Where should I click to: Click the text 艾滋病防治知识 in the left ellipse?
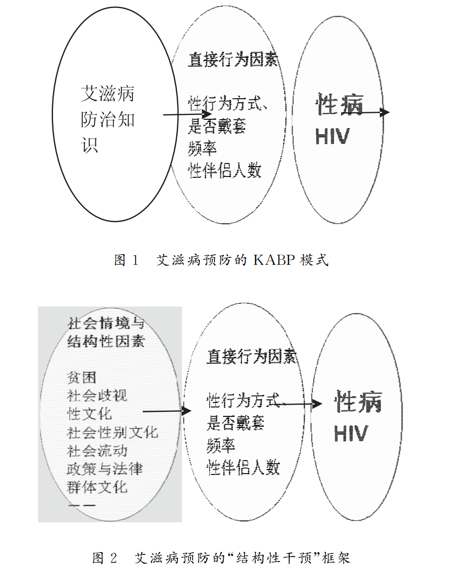(x=108, y=119)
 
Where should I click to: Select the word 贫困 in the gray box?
(x=82, y=378)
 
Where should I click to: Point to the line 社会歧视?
(x=97, y=395)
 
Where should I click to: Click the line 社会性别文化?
(x=112, y=432)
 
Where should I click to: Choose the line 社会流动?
(x=97, y=451)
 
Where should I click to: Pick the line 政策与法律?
(x=105, y=469)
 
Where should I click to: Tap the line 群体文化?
(x=97, y=487)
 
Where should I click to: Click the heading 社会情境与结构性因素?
(x=106, y=332)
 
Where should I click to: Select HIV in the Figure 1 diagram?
(x=332, y=136)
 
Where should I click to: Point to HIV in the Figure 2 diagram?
(x=351, y=433)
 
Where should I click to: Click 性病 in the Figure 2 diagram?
(x=358, y=402)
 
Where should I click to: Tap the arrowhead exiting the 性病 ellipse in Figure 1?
(x=385, y=113)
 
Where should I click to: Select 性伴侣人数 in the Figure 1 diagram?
(x=224, y=170)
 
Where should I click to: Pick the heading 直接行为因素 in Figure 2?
(x=251, y=356)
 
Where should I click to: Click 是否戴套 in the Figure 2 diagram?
(x=235, y=423)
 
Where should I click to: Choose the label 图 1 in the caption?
(x=127, y=260)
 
